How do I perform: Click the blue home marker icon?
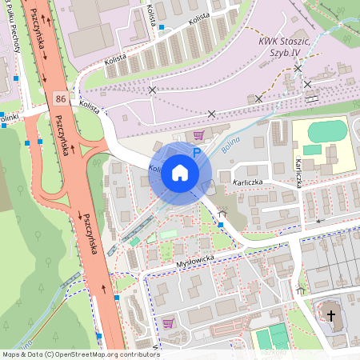click(x=180, y=172)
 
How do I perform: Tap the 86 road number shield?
click(x=61, y=97)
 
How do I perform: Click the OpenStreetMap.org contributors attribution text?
click(x=112, y=354)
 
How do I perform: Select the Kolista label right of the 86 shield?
click(x=90, y=108)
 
